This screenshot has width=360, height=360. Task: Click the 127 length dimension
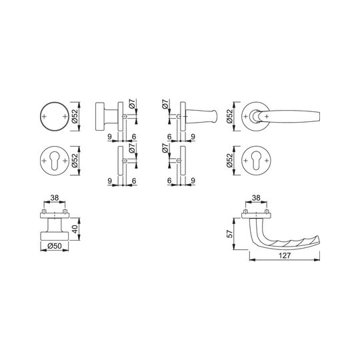[285, 255]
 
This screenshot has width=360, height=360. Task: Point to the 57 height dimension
[230, 233]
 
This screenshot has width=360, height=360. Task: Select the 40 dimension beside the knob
[75, 229]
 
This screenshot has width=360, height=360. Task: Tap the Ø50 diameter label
[55, 246]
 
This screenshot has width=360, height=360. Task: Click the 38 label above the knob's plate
[55, 197]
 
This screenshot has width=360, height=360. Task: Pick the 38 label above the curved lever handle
[256, 197]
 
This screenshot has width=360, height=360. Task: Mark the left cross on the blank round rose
[44, 117]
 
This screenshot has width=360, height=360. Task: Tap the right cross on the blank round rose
[65, 117]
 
